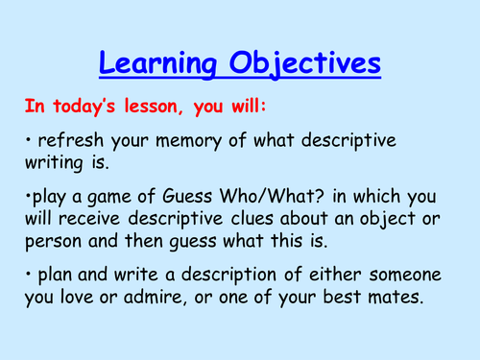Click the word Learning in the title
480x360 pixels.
pos(158,64)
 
